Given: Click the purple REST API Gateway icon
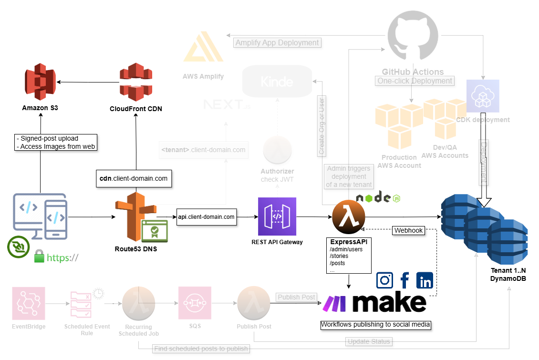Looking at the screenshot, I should point(277,216).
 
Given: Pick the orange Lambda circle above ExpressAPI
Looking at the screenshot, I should point(349,217).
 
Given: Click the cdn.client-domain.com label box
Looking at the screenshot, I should point(134,178).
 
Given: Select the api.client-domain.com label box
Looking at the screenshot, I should point(207,217).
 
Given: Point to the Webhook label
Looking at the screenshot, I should point(408,230).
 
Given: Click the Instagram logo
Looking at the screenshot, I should point(385,280).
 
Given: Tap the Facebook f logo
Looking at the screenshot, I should point(405,280).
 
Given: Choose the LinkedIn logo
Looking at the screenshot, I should point(425,280).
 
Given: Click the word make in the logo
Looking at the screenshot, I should point(389,303).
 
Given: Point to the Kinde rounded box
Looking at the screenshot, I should point(277,82).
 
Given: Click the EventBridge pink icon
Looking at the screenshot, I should point(29,303).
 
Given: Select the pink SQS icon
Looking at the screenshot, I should point(195,303).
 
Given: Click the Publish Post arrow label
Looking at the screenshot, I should point(296,297).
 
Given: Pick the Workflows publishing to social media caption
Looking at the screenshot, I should point(376,325).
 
